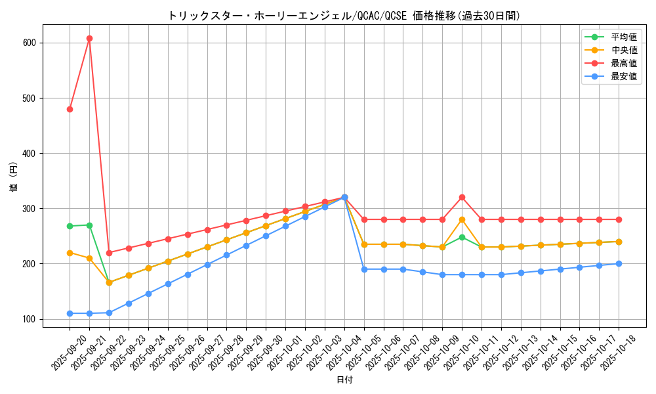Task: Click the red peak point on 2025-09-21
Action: pos(89,38)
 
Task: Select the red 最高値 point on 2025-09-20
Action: pos(70,109)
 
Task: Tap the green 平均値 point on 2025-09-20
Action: pos(70,226)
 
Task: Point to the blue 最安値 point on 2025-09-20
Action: pos(70,313)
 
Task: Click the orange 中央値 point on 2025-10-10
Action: pos(462,219)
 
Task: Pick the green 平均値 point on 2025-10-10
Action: pos(462,237)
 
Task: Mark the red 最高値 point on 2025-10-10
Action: pos(462,197)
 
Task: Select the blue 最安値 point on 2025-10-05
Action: pos(364,269)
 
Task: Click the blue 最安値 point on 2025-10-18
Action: pos(619,263)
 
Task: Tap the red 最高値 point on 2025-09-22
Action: pos(109,253)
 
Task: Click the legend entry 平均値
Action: pos(623,37)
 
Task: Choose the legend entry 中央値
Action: pos(623,50)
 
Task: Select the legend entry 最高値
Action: pos(623,63)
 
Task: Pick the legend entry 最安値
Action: pos(623,76)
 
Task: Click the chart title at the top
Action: pos(344,16)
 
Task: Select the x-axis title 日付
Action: pos(344,380)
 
